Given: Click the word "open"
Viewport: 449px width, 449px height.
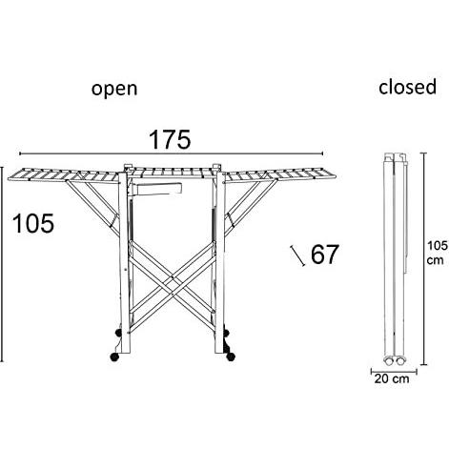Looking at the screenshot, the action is coord(114,90).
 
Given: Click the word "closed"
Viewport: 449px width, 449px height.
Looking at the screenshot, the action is coord(408,87).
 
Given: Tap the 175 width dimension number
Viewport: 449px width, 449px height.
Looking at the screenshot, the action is coord(170,139).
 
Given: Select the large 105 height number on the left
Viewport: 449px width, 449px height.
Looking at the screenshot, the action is coord(33,223).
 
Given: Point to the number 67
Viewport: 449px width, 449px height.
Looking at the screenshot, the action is coord(324,255).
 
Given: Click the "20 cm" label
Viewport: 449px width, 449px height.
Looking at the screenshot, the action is coord(392,378).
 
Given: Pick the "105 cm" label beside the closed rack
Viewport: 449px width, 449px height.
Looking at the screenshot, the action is coord(437,253).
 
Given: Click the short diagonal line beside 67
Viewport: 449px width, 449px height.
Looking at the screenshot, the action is coord(298,255).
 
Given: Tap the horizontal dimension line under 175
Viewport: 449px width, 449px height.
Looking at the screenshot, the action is coord(172,153).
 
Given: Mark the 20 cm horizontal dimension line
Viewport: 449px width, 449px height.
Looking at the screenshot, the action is coord(394,371).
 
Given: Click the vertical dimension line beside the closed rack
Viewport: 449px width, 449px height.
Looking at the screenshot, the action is coord(423,259).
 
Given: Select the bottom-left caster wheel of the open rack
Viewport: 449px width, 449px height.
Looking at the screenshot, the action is coord(114,357).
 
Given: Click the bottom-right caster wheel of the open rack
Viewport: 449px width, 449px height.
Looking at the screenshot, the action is coord(231,357).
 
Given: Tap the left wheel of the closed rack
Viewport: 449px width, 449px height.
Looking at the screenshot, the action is coord(388,361).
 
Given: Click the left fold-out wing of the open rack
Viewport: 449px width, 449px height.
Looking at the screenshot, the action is coord(63,175).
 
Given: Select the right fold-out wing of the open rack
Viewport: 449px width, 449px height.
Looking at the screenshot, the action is coord(280,175).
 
